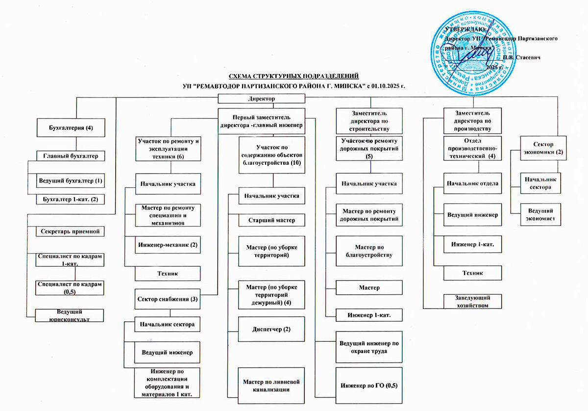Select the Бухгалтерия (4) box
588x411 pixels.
tap(72, 128)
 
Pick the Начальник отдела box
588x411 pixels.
tap(473, 183)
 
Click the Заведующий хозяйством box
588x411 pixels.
tap(473, 301)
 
